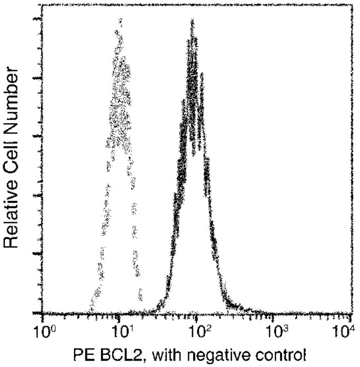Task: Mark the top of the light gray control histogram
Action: point(121,21)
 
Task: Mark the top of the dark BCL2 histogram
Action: point(193,21)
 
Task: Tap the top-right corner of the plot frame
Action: point(352,4)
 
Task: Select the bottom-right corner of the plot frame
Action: point(352,314)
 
